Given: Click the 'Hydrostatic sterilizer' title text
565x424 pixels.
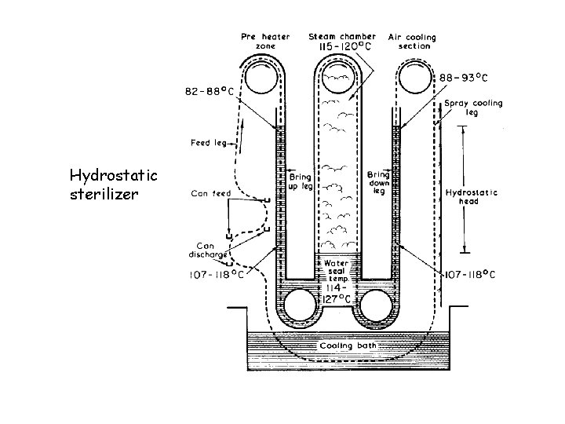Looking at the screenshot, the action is [114, 185].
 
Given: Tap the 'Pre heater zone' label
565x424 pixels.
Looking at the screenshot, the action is [265, 41].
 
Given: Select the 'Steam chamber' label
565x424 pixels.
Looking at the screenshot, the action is [342, 36].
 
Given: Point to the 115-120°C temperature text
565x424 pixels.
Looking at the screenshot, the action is [344, 46].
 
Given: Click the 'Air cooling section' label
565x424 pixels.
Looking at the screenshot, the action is [412, 42].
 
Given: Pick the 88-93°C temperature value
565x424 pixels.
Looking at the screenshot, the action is [464, 78].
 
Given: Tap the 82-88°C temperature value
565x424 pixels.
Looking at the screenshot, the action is [210, 92].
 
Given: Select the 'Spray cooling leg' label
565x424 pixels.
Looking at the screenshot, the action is [473, 108].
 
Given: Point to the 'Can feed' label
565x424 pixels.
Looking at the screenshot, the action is [211, 194].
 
